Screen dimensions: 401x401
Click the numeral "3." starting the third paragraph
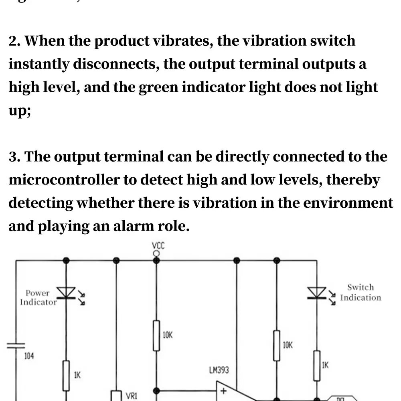pos(15,157)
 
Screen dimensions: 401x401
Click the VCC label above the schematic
pos(158,245)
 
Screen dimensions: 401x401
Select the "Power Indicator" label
pos(38,298)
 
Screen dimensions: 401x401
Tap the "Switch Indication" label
pos(360,292)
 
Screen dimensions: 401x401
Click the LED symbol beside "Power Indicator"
pos(66,293)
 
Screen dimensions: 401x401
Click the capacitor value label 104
pos(29,356)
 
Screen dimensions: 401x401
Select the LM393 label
pos(219,370)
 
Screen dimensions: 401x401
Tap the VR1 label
pos(132,396)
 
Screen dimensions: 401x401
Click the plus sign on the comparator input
pos(224,391)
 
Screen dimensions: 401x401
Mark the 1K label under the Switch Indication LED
pos(326,365)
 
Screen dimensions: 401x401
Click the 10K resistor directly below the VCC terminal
pos(156,335)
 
